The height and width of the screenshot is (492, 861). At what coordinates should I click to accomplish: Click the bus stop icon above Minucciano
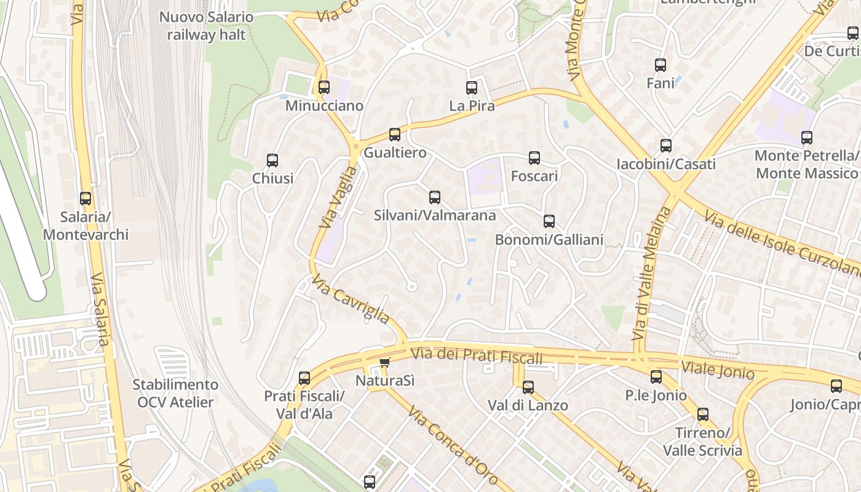point(324,87)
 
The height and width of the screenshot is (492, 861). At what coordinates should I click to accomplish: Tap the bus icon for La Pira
point(472,88)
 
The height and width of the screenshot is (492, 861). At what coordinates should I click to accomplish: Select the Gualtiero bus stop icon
point(395,134)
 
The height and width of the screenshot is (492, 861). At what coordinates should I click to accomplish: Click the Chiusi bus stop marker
point(272,161)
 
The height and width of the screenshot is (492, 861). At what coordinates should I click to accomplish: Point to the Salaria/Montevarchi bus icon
point(85,199)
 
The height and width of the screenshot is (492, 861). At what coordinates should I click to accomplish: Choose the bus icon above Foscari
point(534,158)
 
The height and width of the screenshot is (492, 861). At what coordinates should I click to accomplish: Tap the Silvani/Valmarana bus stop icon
point(435,197)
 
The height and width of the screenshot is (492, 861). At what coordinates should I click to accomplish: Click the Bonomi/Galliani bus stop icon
point(549,221)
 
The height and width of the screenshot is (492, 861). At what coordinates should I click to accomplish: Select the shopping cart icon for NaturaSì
point(385,363)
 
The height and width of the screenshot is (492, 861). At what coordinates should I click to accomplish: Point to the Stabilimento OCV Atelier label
point(175,394)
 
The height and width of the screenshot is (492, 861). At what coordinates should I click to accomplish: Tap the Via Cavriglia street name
point(351,300)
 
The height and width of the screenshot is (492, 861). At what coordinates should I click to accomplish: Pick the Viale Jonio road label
point(718,370)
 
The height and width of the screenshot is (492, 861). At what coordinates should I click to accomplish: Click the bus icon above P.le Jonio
point(656,377)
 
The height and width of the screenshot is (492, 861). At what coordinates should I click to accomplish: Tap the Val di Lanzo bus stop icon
point(528,387)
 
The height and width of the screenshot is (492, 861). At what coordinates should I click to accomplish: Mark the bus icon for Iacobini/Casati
point(666,146)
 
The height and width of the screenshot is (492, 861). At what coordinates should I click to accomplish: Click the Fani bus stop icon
point(661,65)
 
